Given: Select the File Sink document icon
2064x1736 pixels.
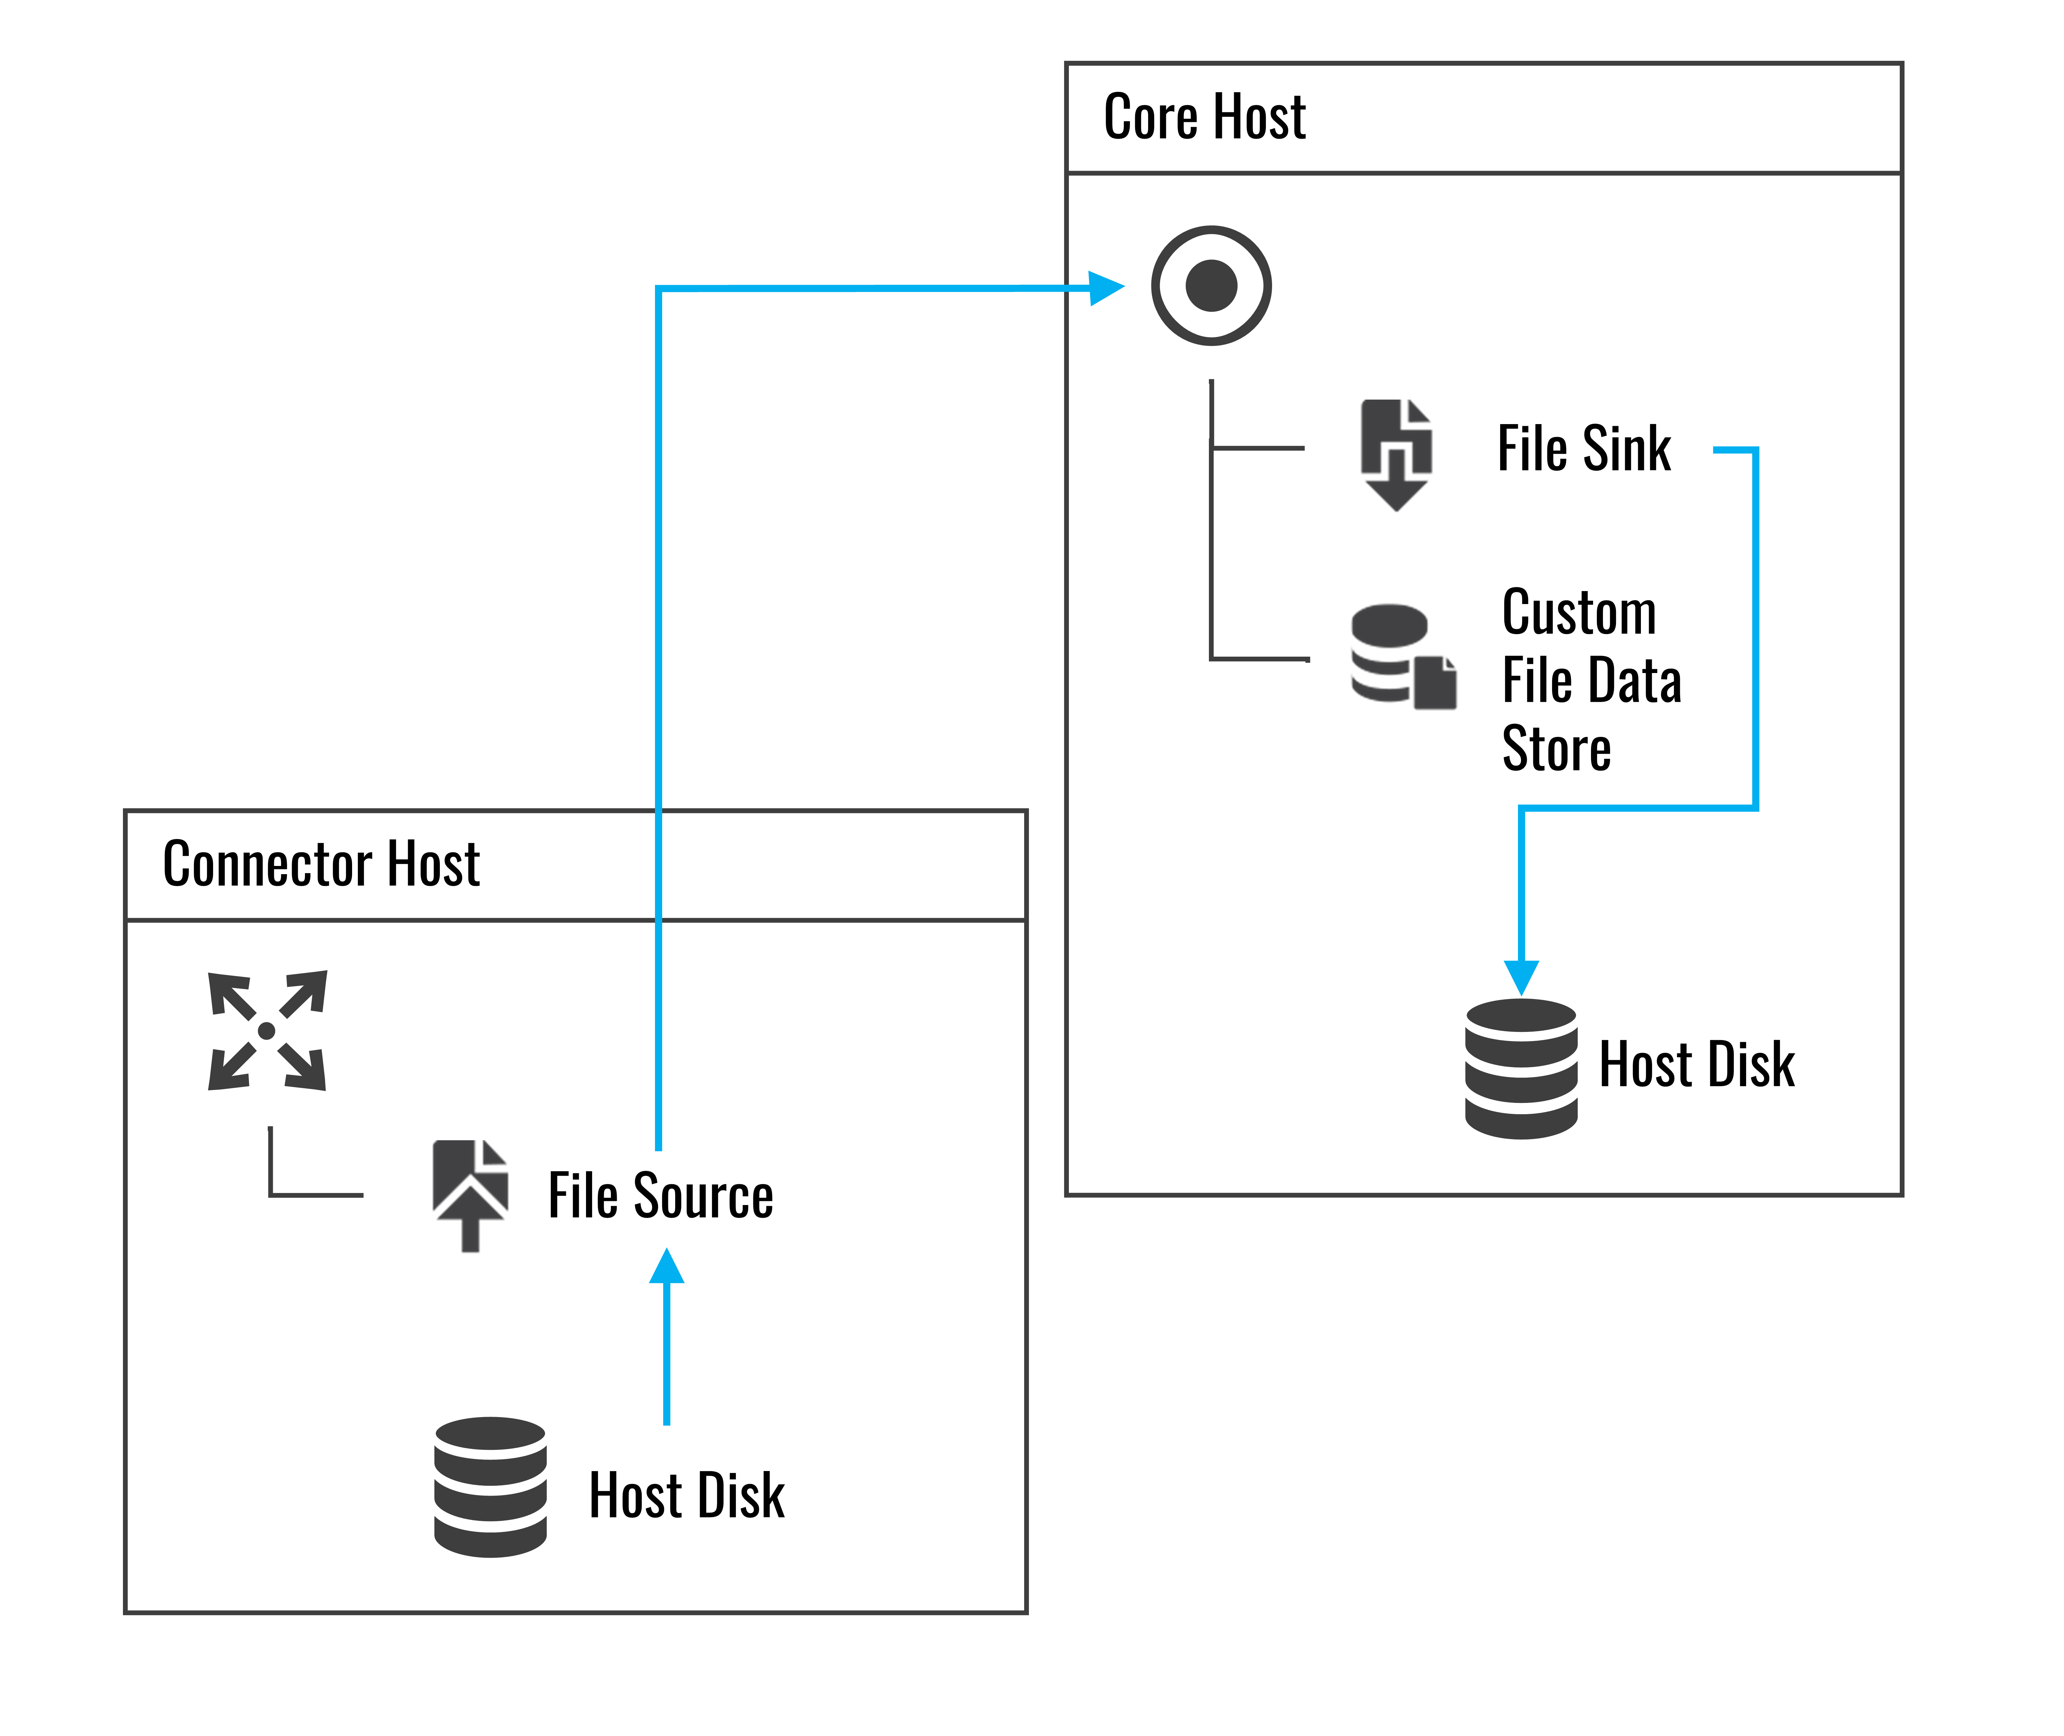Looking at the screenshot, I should coord(1396,454).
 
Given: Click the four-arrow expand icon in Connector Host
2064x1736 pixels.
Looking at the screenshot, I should coord(267,1031).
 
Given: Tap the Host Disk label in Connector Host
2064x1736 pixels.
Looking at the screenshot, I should coord(686,1496).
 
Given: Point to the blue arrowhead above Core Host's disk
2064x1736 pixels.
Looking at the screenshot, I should coord(1521,977).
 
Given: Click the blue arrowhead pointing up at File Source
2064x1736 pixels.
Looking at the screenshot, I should coord(666,1268).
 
